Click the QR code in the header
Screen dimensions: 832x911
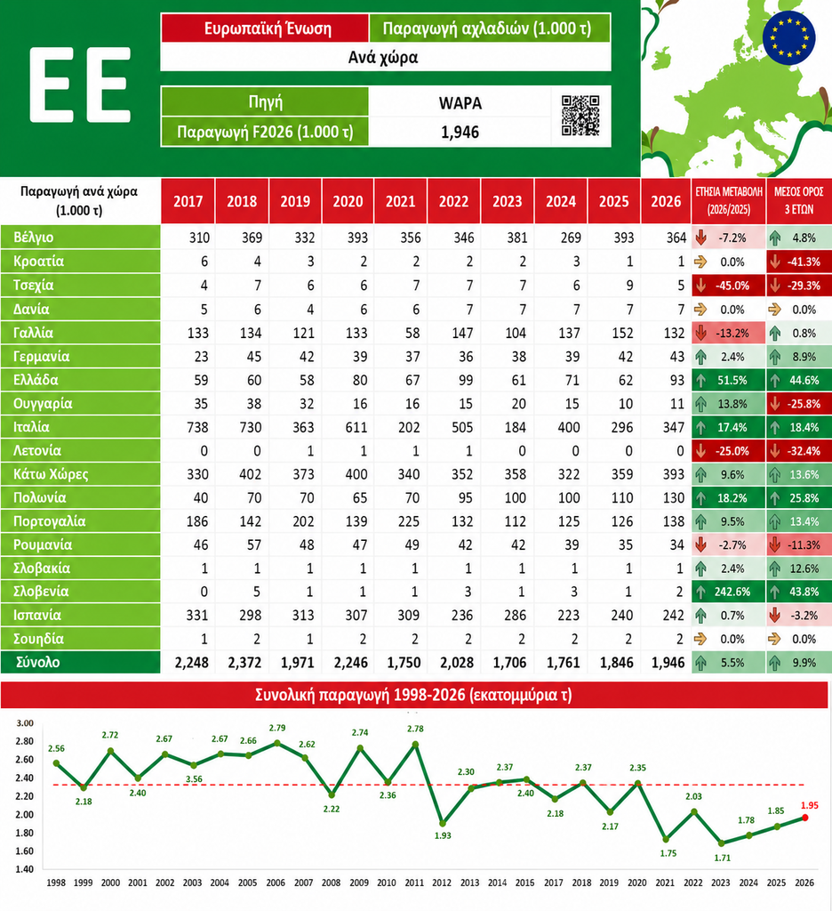(580, 116)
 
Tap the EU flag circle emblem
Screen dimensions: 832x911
(788, 37)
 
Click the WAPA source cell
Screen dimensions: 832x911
(460, 103)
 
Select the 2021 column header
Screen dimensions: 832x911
(401, 201)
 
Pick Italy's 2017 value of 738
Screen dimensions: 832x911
(197, 428)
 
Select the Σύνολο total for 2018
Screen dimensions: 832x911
(244, 662)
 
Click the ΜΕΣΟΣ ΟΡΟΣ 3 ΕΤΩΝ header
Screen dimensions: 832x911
(799, 201)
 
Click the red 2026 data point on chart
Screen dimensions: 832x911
(804, 818)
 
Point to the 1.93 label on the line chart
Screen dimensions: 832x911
(443, 835)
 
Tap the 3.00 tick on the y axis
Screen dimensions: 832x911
(25, 723)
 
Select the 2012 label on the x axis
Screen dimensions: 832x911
(442, 883)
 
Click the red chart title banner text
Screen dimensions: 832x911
(414, 695)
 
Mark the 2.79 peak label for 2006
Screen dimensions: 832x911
(277, 728)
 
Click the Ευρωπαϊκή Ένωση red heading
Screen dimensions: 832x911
(268, 28)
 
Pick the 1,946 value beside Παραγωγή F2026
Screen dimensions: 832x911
(460, 132)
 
